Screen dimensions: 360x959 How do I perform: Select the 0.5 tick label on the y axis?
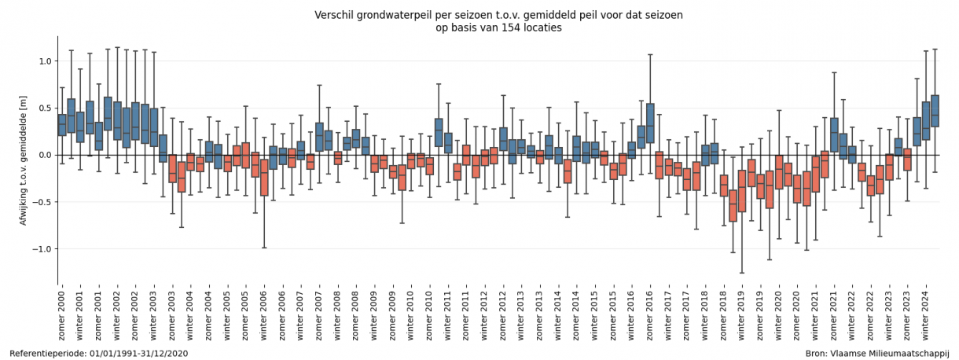45,108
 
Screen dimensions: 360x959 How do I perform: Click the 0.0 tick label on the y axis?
45,155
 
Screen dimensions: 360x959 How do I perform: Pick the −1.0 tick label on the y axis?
42,249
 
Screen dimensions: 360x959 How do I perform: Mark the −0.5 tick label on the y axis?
42,202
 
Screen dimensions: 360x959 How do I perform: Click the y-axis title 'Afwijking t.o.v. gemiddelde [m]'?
24,160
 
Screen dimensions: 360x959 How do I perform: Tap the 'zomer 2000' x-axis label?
62,314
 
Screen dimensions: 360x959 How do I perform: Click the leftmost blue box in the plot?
62,125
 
